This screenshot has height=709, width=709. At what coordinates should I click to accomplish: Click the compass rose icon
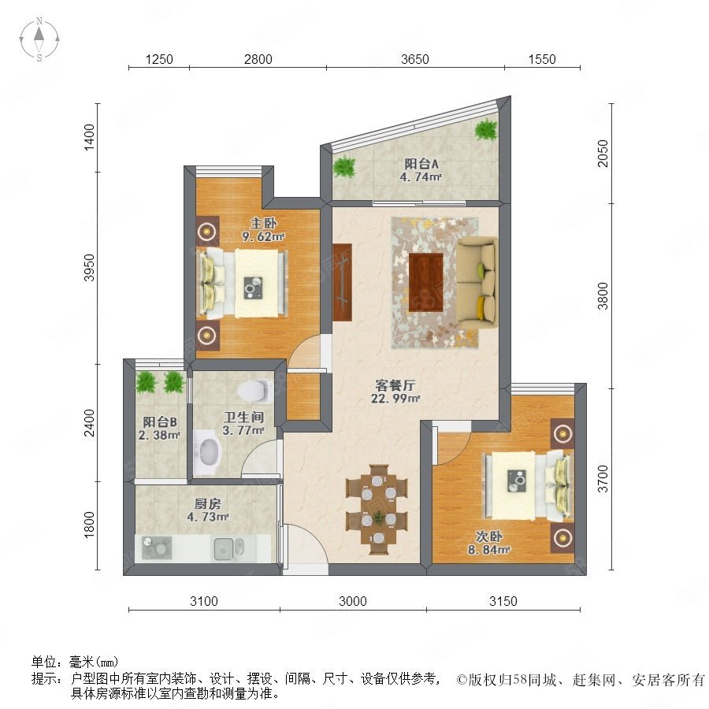(x=39, y=39)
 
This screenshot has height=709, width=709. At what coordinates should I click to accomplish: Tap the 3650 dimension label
(x=414, y=59)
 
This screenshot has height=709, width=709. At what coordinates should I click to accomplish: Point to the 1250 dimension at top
(x=159, y=59)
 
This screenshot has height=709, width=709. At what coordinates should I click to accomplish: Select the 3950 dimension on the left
(x=90, y=268)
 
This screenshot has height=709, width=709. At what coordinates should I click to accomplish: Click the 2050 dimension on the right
(x=603, y=154)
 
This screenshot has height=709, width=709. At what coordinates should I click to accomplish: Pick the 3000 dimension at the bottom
(x=353, y=601)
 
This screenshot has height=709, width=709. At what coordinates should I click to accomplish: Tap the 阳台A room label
(x=421, y=163)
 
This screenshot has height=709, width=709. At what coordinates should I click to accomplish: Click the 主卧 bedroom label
(x=263, y=223)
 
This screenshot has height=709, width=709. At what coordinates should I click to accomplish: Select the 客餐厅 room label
(x=395, y=385)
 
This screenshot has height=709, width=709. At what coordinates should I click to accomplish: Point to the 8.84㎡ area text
(x=488, y=550)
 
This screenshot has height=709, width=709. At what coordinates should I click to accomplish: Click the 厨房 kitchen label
(x=207, y=503)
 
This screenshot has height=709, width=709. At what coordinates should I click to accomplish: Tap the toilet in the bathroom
(x=254, y=390)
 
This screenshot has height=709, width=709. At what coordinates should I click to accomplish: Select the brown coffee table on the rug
(x=426, y=283)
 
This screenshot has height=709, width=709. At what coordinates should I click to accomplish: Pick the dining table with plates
(x=378, y=509)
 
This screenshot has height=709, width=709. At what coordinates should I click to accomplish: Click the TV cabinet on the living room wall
(x=343, y=283)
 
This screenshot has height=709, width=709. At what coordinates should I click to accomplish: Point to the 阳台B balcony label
(x=160, y=422)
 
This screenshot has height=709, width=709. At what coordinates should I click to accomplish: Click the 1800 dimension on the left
(x=90, y=525)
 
